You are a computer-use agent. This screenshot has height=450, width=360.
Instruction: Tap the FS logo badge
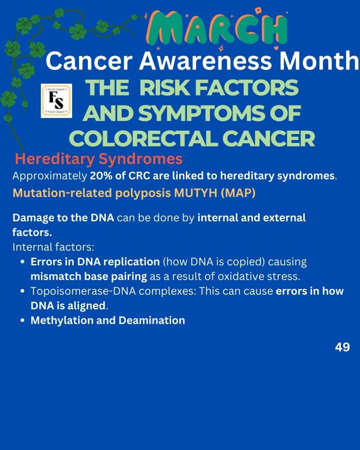click(x=57, y=101)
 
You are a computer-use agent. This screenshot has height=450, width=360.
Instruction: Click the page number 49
click(x=342, y=347)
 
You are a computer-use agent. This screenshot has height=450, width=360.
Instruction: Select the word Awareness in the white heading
click(x=205, y=61)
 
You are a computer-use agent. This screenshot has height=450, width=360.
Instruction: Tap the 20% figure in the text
click(x=101, y=176)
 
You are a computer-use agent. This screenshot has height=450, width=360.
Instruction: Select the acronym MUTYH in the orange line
click(x=196, y=193)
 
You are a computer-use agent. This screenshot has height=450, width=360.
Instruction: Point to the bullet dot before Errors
click(x=23, y=262)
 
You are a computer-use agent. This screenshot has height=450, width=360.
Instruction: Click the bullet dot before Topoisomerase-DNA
click(x=23, y=291)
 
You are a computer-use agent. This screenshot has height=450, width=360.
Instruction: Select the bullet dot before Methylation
click(x=23, y=321)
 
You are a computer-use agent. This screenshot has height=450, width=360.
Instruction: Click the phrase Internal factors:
click(x=53, y=247)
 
